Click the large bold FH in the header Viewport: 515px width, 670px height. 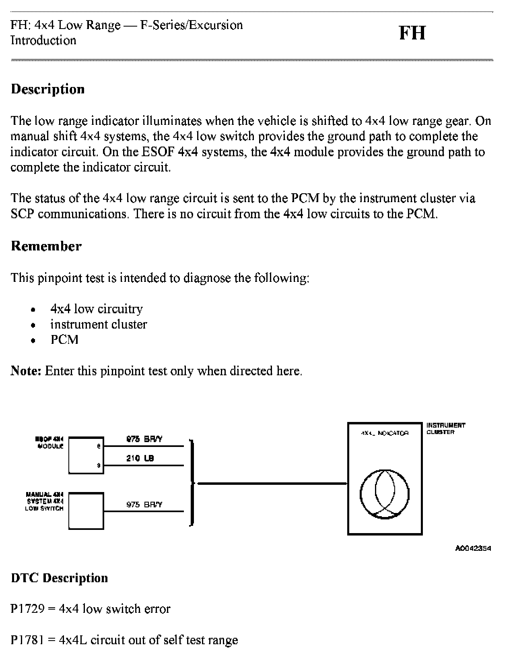click(x=412, y=33)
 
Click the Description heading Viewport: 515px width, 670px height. click(x=48, y=89)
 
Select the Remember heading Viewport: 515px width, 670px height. click(x=46, y=246)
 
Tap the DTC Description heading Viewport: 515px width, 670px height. click(x=60, y=578)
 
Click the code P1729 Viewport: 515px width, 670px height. click(x=27, y=609)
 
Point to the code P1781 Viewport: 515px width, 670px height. click(x=27, y=640)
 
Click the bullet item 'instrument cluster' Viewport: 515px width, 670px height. click(x=99, y=325)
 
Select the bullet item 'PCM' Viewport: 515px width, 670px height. click(x=64, y=340)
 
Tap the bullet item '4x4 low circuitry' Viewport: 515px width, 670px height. click(x=97, y=309)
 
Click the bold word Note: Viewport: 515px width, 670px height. click(x=26, y=371)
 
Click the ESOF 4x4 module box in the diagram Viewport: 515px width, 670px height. click(x=86, y=455)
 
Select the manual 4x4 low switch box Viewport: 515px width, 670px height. click(x=86, y=511)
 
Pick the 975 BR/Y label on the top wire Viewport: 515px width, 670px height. click(x=144, y=439)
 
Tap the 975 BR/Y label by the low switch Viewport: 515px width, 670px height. click(x=144, y=505)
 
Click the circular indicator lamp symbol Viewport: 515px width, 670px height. click(x=385, y=494)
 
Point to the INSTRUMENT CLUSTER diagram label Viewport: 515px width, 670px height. click(x=445, y=429)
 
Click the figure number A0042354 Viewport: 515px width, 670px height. click(x=473, y=548)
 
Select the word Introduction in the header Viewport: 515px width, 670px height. click(x=43, y=41)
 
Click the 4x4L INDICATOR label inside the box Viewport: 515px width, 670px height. click(x=385, y=433)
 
